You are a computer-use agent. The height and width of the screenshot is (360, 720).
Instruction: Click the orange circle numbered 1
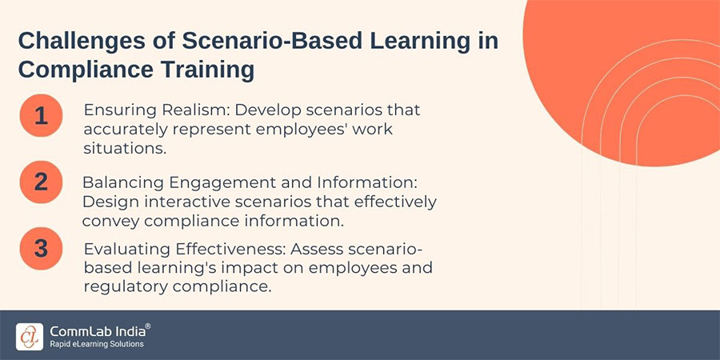(x=41, y=116)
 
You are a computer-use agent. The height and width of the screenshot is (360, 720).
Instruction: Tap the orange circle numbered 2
(x=41, y=182)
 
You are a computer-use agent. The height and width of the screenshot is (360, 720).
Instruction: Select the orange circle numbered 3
(x=41, y=248)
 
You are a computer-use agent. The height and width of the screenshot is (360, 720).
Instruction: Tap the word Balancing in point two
(x=119, y=183)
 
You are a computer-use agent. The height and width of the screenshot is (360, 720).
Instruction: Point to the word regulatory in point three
(x=119, y=286)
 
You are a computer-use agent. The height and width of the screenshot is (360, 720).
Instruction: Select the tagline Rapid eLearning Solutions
(x=96, y=344)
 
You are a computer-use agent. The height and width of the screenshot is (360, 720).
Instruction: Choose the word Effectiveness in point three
(x=217, y=250)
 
